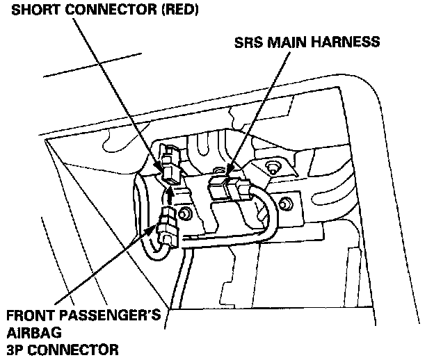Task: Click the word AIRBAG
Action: [28, 332]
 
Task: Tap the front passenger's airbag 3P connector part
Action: [167, 229]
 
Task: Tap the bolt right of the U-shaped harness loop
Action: [284, 203]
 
